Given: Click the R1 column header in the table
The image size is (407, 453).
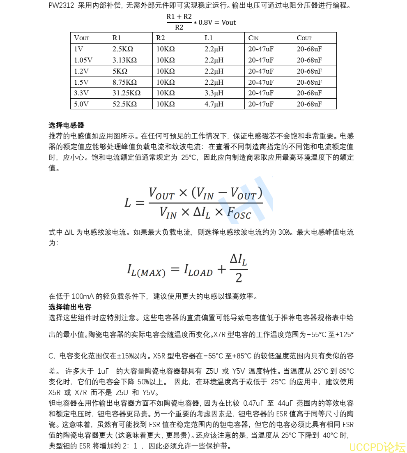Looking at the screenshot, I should [117, 38].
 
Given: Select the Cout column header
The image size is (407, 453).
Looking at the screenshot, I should [304, 38].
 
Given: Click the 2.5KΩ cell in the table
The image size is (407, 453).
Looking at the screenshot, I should [122, 49].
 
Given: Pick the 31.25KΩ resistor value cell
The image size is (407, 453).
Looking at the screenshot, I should [126, 93].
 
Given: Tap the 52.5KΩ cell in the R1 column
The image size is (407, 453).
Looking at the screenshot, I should [124, 104].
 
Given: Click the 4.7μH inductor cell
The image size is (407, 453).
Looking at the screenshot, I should [214, 104].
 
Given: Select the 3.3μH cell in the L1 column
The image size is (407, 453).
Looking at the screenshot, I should [214, 93].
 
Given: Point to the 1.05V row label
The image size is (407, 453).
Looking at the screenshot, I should [83, 60].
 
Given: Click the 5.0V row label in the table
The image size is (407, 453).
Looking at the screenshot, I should [81, 104].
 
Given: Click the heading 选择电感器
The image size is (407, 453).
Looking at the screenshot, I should [67, 125].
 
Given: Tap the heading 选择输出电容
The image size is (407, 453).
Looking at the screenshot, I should [70, 307].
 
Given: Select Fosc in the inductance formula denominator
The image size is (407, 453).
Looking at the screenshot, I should [239, 212].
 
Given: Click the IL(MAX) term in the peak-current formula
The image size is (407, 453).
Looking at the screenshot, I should [146, 270].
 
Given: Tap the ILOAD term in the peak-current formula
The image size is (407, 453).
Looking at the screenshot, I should [198, 270].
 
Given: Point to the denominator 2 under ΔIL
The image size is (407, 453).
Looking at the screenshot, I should [239, 278].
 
